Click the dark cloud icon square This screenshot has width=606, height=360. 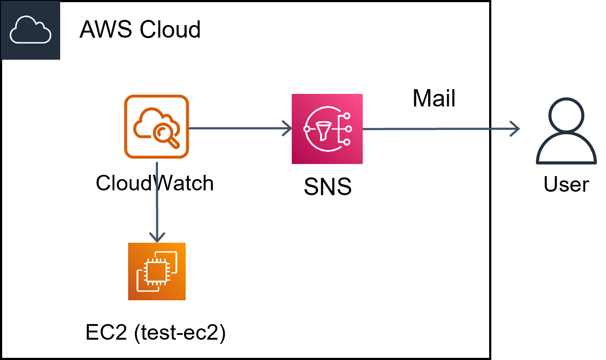[x=30, y=30]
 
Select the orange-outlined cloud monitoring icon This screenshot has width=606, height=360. [x=156, y=126]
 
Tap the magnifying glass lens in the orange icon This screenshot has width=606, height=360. [x=163, y=131]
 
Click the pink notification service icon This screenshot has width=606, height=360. [x=327, y=129]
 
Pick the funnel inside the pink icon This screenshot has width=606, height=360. [x=322, y=130]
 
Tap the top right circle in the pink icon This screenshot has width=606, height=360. [x=346, y=116]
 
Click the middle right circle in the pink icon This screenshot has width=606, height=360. [x=348, y=129]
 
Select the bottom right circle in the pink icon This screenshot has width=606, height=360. [x=346, y=142]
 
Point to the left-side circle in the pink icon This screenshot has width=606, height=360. [x=307, y=129]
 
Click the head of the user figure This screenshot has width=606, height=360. [x=566, y=114]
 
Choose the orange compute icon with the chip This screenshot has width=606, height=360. [x=157, y=271]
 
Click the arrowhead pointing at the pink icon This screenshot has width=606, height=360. [x=288, y=128]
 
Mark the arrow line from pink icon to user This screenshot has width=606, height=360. [x=437, y=129]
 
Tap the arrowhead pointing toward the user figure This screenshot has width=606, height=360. [x=516, y=129]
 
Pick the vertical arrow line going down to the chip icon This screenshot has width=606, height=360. [x=157, y=199]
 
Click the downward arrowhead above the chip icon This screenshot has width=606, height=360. [x=157, y=238]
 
